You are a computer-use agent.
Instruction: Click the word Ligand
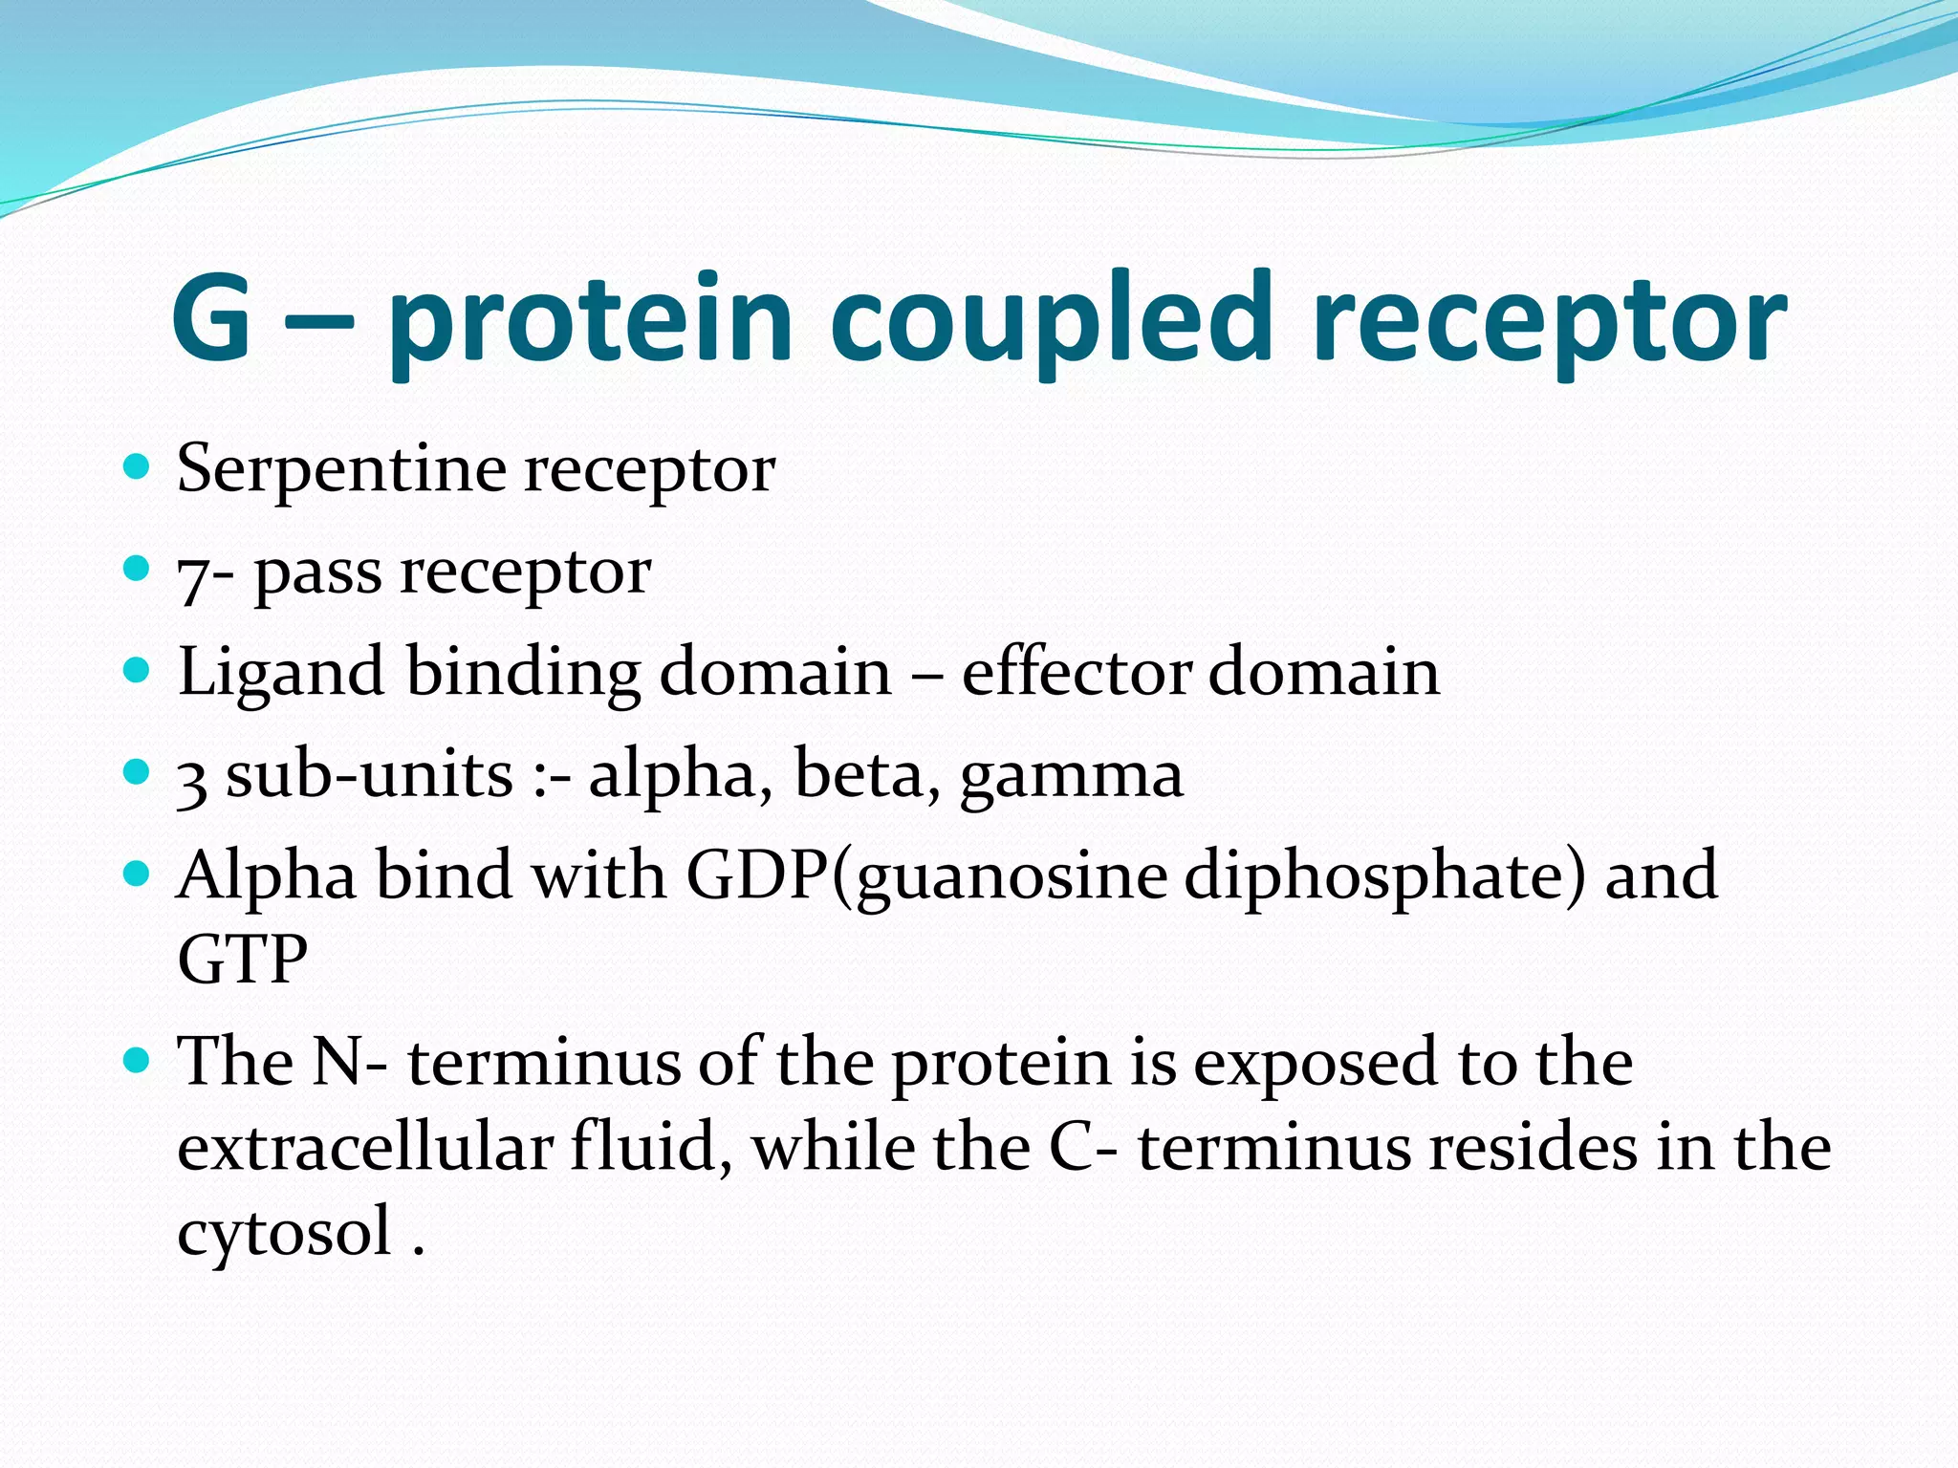281,673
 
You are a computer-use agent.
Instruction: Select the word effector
1077,671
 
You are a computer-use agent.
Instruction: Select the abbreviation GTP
243,959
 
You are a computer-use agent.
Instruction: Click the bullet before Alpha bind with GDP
138,873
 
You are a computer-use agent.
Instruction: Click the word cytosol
285,1232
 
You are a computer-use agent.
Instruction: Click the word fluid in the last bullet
651,1146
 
